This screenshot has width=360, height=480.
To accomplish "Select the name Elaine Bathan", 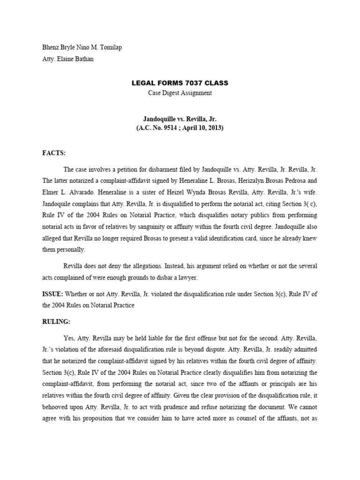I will coord(75,60).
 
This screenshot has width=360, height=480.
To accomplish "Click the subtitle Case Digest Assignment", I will coord(180,93).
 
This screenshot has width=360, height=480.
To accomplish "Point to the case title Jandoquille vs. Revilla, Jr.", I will coord(180,120).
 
